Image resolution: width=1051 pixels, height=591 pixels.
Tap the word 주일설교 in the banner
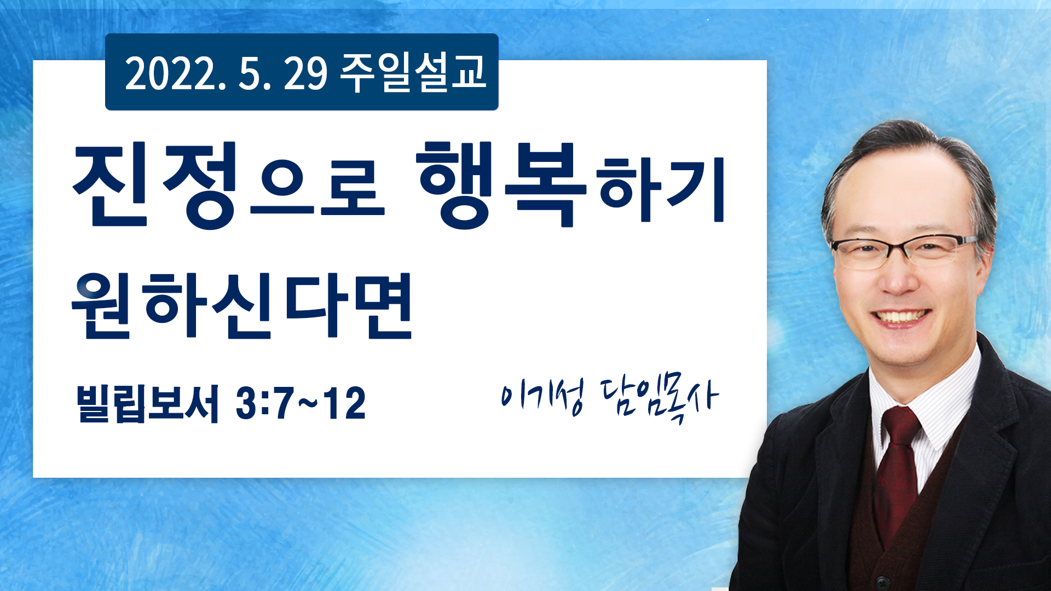[413, 72]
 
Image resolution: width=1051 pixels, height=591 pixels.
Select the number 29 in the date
[305, 73]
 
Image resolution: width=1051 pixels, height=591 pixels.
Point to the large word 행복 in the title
[500, 184]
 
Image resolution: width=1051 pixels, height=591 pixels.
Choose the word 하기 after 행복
[661, 189]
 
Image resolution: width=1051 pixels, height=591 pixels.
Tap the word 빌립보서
[148, 404]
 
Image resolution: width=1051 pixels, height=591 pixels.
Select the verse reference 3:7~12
[301, 403]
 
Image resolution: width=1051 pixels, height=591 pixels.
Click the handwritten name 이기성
[542, 396]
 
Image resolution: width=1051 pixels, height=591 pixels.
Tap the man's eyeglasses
[904, 252]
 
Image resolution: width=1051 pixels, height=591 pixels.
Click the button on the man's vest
[880, 580]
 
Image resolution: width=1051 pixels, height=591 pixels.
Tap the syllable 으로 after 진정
[317, 189]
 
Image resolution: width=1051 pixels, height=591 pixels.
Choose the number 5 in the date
[249, 73]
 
